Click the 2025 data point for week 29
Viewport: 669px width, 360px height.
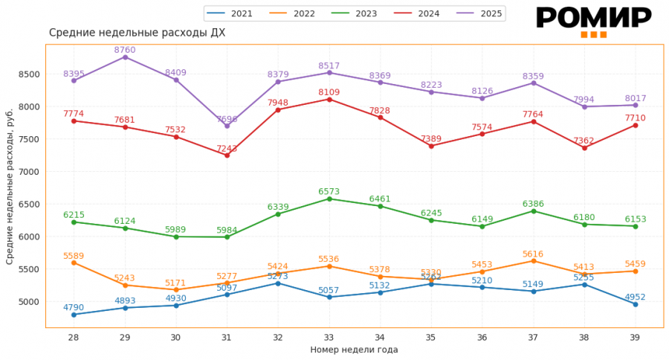click(x=125, y=57)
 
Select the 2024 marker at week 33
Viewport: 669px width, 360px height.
click(x=329, y=99)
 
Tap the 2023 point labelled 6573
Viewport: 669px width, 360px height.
click(x=329, y=199)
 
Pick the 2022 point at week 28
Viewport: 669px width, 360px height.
click(x=74, y=263)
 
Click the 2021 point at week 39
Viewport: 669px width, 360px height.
click(x=636, y=304)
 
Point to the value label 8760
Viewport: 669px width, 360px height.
click(x=125, y=50)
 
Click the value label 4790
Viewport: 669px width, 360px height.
click(x=74, y=306)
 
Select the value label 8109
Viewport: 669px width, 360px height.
click(x=329, y=91)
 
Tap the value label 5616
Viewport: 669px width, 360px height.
click(x=533, y=254)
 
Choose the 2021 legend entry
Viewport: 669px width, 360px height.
click(x=230, y=13)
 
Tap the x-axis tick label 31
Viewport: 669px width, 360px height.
click(x=227, y=337)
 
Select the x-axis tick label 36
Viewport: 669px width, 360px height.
click(x=482, y=337)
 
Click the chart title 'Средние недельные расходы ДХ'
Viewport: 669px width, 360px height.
click(x=137, y=33)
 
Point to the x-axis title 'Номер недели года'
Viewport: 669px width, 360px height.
click(x=354, y=350)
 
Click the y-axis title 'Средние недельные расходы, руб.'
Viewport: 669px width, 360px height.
click(x=10, y=184)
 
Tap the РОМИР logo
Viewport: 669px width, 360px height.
click(x=593, y=20)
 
